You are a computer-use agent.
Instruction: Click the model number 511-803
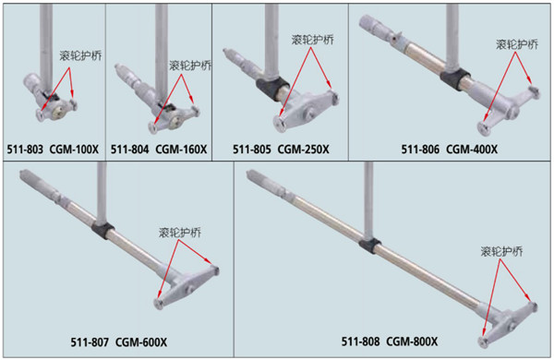(x=25, y=150)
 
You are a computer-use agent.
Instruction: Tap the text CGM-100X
(x=74, y=150)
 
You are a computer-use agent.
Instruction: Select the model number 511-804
(x=129, y=150)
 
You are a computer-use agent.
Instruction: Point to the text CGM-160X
(x=181, y=150)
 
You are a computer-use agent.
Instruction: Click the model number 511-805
(x=252, y=150)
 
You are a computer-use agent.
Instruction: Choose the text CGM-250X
(x=304, y=150)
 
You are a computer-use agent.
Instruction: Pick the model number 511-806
(x=420, y=150)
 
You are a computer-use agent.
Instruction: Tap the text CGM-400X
(x=472, y=150)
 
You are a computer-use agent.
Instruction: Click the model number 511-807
(x=90, y=342)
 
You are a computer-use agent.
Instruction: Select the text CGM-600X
(x=141, y=342)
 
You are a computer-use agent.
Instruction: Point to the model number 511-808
(x=360, y=342)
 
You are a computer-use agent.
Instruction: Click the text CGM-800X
(x=412, y=342)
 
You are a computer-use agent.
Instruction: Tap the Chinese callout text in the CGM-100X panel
(x=80, y=55)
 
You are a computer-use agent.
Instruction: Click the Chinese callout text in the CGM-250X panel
(x=313, y=40)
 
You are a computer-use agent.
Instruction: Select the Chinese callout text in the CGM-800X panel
(x=501, y=251)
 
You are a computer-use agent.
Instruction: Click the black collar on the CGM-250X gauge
(x=272, y=88)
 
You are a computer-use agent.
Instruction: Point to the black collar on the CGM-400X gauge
(x=455, y=78)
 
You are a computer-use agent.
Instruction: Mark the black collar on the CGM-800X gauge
(x=370, y=245)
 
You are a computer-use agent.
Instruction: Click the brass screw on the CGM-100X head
(x=57, y=113)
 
